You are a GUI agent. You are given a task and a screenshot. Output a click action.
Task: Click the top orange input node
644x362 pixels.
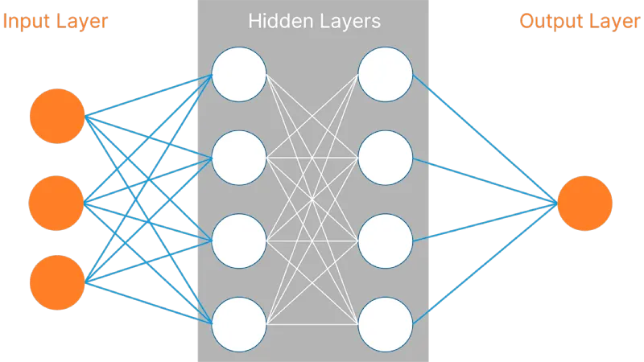click(x=57, y=117)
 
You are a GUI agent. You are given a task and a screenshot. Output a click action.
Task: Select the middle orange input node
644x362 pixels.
click(x=57, y=202)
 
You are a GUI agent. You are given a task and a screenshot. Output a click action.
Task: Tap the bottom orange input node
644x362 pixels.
click(x=57, y=283)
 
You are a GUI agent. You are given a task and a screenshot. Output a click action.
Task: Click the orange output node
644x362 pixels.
click(x=584, y=202)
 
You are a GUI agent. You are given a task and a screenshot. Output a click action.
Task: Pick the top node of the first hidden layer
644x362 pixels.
click(x=239, y=75)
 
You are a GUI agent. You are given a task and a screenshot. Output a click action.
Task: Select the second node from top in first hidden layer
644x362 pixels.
click(x=239, y=158)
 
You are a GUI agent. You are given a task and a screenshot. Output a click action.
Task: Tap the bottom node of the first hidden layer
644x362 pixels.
click(x=239, y=324)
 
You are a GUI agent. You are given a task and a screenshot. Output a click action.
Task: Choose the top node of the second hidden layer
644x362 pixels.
click(x=386, y=75)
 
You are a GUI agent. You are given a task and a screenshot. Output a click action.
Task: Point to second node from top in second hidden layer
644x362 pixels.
click(x=386, y=158)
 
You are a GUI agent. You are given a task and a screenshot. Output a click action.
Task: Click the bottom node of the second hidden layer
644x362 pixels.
click(x=386, y=324)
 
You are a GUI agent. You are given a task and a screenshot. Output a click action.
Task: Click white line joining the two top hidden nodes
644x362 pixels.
click(x=312, y=75)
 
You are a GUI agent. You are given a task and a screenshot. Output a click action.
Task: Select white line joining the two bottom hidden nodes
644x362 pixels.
click(x=312, y=324)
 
